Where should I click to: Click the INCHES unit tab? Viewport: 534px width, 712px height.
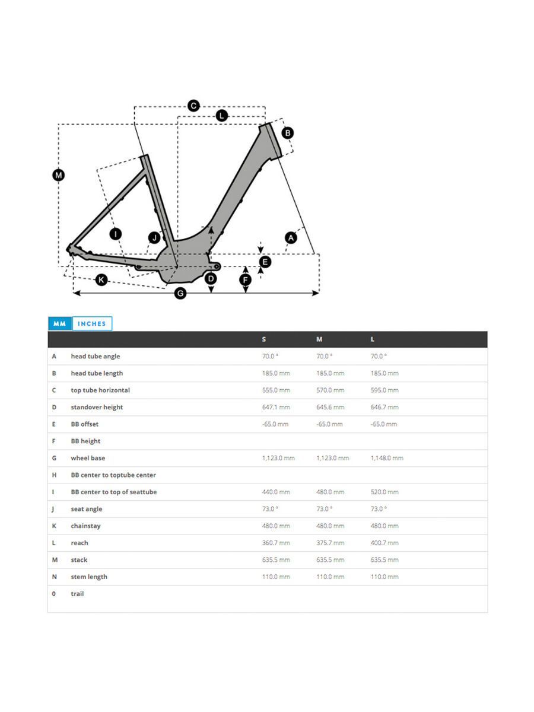pyautogui.click(x=92, y=323)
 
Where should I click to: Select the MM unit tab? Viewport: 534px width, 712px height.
pyautogui.click(x=59, y=323)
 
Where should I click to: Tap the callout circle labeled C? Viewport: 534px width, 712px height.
pyautogui.click(x=193, y=106)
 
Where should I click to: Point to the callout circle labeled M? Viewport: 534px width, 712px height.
pyautogui.click(x=58, y=175)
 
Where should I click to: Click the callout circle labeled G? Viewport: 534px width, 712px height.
pyautogui.click(x=181, y=293)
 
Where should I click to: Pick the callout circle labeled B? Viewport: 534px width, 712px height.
pyautogui.click(x=287, y=133)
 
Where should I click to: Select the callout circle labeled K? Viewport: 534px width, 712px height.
pyautogui.click(x=101, y=279)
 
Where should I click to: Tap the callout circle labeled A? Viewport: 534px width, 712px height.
pyautogui.click(x=291, y=238)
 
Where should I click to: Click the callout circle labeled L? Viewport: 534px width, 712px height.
pyautogui.click(x=221, y=116)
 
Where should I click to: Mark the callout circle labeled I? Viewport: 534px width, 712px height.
pyautogui.click(x=116, y=234)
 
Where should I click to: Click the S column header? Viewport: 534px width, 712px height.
pyautogui.click(x=264, y=339)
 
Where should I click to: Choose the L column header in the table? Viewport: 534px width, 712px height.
pyautogui.click(x=373, y=339)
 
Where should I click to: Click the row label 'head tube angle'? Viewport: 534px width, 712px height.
pyautogui.click(x=95, y=356)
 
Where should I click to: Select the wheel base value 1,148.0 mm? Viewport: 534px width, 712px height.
pyautogui.click(x=387, y=458)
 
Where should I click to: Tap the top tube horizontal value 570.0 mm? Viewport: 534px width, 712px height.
pyautogui.click(x=330, y=390)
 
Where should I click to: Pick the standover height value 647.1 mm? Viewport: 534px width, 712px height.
pyautogui.click(x=276, y=407)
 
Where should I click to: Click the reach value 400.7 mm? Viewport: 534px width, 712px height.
pyautogui.click(x=384, y=543)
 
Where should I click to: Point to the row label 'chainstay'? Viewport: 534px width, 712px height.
pyautogui.click(x=86, y=526)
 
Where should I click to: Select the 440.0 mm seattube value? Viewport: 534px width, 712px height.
pyautogui.click(x=276, y=492)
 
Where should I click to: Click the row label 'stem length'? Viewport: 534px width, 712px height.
pyautogui.click(x=89, y=577)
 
